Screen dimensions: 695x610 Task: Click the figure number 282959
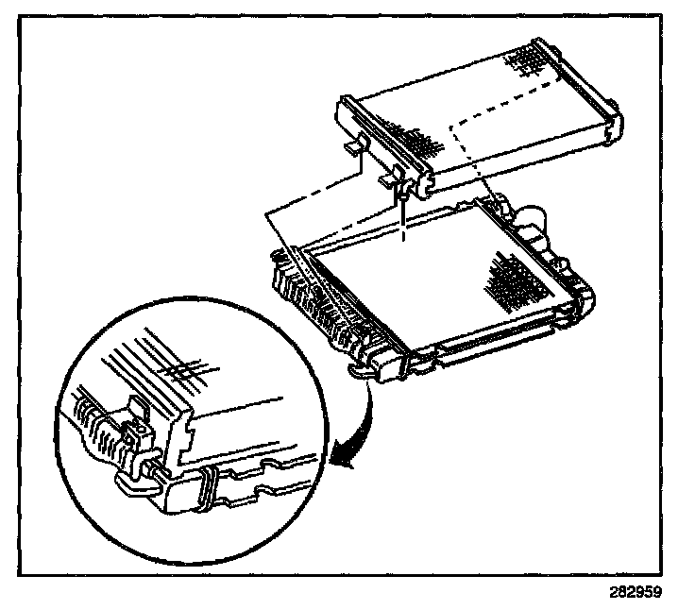[636, 595]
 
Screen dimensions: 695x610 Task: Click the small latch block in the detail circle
[138, 430]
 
